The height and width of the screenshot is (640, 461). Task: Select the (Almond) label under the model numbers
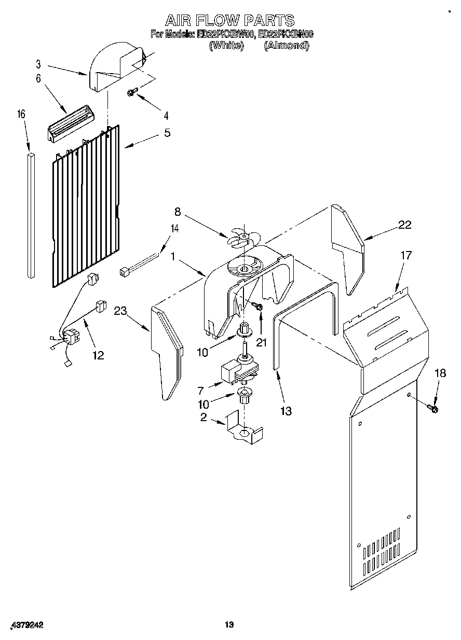tap(286, 46)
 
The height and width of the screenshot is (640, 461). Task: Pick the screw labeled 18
tap(433, 409)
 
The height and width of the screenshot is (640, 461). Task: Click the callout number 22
tap(404, 225)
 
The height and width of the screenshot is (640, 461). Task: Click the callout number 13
tap(285, 411)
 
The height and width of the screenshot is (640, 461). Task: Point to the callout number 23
tap(120, 311)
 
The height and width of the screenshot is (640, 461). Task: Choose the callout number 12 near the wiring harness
tap(98, 355)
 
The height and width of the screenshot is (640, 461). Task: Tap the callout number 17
tap(405, 255)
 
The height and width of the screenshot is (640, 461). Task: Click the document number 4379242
tap(25, 625)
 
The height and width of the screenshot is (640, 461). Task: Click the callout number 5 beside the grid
tap(167, 133)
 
